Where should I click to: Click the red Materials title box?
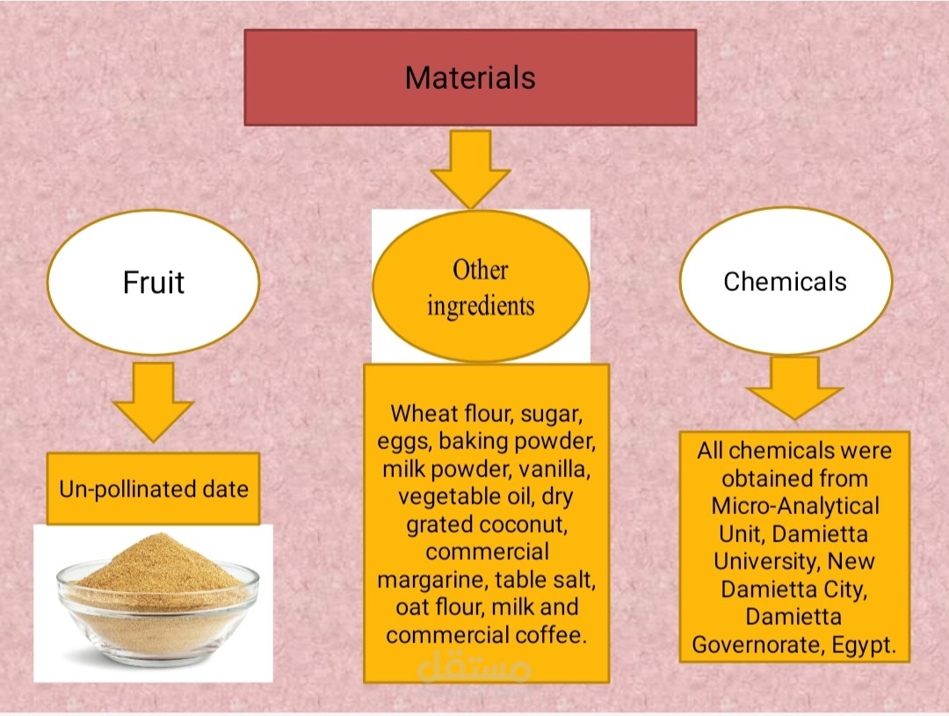tap(470, 77)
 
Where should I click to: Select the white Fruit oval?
tap(153, 282)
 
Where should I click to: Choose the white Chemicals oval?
tap(785, 281)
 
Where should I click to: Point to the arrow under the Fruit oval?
tap(153, 401)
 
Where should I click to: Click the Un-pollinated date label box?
tap(153, 488)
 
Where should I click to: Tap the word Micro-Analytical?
tap(795, 506)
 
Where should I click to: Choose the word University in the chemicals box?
tap(764, 561)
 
